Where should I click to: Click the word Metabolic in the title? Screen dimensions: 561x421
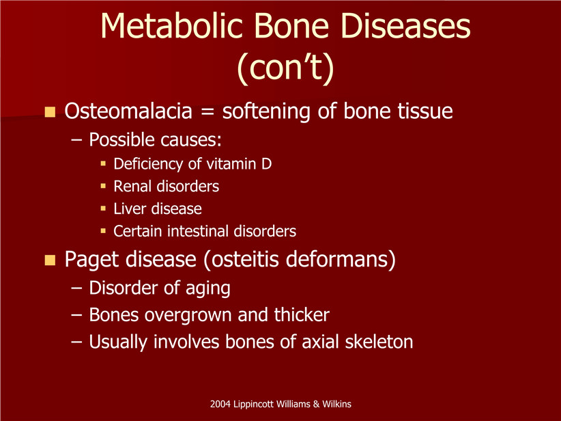coord(172,26)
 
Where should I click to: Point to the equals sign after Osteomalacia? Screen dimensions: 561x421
coord(207,111)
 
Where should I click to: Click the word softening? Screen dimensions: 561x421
coord(267,111)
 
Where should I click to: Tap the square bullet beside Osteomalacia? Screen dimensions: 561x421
coord(50,112)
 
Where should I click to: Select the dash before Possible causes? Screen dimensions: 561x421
coord(76,140)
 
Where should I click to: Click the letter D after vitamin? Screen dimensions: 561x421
coord(267,164)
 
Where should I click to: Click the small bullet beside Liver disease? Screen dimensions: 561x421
coord(104,208)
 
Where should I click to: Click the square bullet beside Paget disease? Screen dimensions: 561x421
coord(50,260)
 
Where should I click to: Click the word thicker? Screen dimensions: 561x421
coord(302,314)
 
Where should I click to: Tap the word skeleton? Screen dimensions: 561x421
coord(379,342)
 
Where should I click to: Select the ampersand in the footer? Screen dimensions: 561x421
coord(316,404)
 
